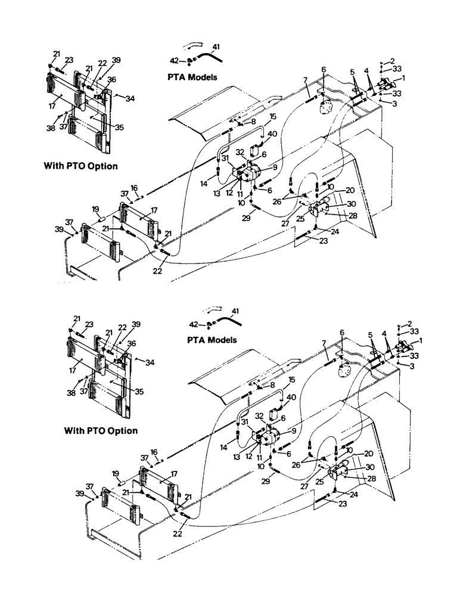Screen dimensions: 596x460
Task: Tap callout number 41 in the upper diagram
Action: coord(216,46)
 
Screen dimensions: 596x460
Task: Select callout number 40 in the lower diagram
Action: coord(275,398)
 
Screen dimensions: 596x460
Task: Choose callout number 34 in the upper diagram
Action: coord(130,98)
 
